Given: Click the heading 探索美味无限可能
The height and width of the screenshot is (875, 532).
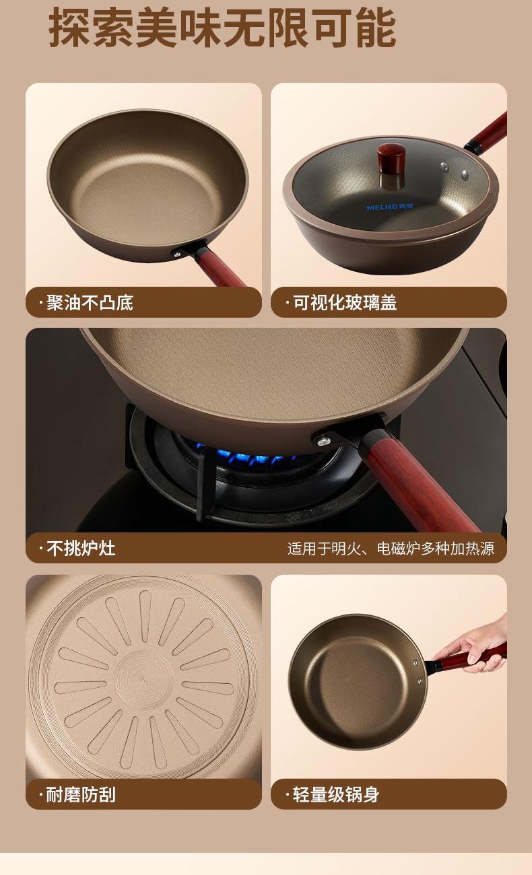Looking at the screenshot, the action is click(x=222, y=28).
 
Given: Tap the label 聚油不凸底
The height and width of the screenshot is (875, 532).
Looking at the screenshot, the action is click(x=90, y=303).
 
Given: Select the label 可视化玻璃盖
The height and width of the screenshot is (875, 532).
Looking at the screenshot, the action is click(x=345, y=303).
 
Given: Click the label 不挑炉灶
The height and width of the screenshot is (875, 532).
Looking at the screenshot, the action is click(x=81, y=548).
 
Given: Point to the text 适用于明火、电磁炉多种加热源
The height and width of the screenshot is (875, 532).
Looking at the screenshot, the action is click(x=391, y=549).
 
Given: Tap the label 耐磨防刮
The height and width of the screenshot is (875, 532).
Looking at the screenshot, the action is click(x=81, y=794).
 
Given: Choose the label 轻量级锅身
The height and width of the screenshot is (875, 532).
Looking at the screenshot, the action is click(x=336, y=794).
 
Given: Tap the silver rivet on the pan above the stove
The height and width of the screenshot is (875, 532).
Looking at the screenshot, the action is click(x=323, y=442).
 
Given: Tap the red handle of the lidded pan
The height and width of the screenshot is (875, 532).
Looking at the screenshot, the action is click(x=489, y=131).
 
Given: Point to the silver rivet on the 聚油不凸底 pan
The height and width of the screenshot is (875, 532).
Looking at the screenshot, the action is click(x=177, y=254).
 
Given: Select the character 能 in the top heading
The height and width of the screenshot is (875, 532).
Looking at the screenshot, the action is click(x=376, y=28).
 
